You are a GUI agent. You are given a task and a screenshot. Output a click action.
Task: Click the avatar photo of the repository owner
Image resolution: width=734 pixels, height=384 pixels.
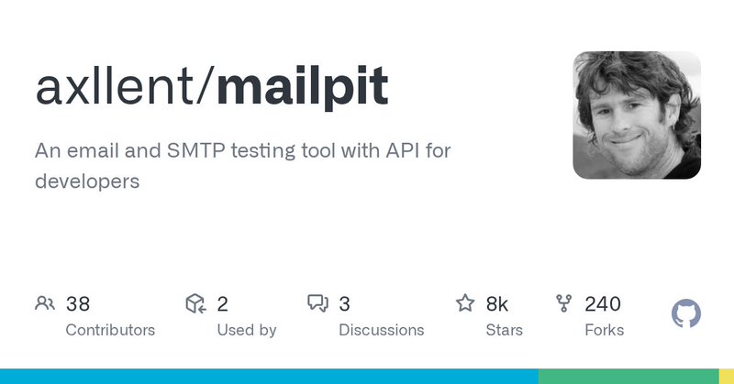pyautogui.click(x=637, y=115)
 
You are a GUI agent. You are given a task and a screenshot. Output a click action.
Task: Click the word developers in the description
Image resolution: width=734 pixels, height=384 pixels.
pyautogui.click(x=87, y=181)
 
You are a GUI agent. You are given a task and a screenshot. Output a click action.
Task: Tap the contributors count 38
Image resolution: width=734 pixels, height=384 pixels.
pyautogui.click(x=78, y=304)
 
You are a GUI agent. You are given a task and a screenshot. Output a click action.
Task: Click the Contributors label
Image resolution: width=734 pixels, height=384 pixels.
pyautogui.click(x=110, y=330)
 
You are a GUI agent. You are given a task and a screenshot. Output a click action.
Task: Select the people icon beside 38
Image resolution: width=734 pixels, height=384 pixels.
pyautogui.click(x=45, y=303)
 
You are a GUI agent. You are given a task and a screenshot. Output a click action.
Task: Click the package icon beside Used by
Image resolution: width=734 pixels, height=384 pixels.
pyautogui.click(x=195, y=303)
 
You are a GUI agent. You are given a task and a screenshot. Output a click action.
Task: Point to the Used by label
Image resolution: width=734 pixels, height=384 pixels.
pyautogui.click(x=246, y=330)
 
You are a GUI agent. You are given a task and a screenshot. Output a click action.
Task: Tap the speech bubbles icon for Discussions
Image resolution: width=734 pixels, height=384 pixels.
pyautogui.click(x=317, y=303)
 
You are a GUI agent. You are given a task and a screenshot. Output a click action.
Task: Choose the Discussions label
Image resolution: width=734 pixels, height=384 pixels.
pyautogui.click(x=381, y=330)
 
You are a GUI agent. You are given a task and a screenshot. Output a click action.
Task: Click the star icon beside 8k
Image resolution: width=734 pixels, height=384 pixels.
pyautogui.click(x=465, y=303)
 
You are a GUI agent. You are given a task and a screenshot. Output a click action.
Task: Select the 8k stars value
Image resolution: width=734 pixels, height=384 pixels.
pyautogui.click(x=497, y=304)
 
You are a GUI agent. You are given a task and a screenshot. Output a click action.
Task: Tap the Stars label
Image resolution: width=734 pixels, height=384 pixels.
pyautogui.click(x=505, y=330)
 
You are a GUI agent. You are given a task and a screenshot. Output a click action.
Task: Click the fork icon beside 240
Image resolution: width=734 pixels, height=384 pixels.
pyautogui.click(x=564, y=303)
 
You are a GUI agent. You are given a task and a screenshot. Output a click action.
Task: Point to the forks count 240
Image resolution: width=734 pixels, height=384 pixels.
pyautogui.click(x=603, y=304)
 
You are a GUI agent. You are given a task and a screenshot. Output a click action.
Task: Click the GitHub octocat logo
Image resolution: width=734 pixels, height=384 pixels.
pyautogui.click(x=686, y=314)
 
